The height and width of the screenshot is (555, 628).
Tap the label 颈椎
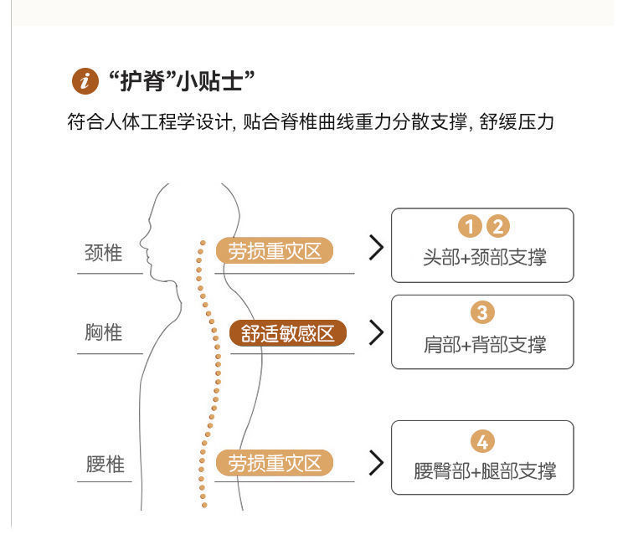click(104, 253)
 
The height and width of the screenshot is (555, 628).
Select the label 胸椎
click(104, 332)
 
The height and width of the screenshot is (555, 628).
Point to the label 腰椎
click(105, 464)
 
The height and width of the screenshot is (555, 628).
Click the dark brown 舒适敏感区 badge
click(288, 333)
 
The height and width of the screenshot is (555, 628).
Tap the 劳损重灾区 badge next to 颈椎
click(275, 250)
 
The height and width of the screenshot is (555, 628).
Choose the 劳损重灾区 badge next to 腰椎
click(275, 463)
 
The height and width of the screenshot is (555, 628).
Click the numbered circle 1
click(470, 226)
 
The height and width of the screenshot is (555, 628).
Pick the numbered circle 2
click(497, 226)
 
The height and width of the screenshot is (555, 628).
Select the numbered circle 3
click(483, 312)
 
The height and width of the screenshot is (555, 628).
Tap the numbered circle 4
click(483, 441)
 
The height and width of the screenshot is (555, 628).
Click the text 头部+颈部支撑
click(483, 257)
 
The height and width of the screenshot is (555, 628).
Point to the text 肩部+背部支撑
click(483, 344)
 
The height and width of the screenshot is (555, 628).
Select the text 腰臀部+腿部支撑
click(484, 471)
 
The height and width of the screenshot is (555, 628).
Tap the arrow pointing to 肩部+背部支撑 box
click(376, 332)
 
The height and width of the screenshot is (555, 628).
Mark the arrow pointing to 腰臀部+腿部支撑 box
click(376, 463)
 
